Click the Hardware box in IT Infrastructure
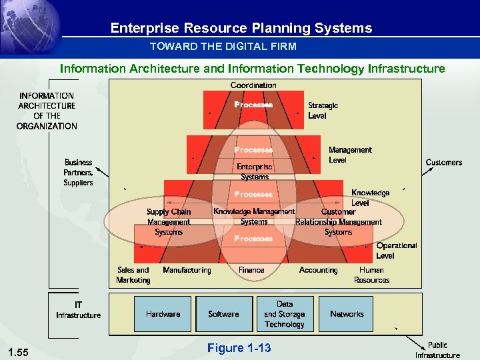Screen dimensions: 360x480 coord(163,314)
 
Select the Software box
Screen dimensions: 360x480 coord(224,314)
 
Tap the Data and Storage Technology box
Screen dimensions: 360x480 coord(285,314)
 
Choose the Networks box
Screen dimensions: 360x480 coord(347,314)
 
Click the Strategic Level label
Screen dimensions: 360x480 coord(323,111)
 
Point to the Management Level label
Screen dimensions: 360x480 coord(350,155)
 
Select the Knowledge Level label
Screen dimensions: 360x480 coord(370,197)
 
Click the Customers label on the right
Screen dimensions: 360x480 coord(443,163)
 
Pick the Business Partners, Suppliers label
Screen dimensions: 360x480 coord(78,173)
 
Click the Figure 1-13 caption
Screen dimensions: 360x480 coord(239,348)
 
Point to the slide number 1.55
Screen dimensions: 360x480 coord(20,351)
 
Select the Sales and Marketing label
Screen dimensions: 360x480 coord(133,275)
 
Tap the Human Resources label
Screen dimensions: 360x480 coord(371,275)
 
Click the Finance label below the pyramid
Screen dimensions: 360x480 coord(251,270)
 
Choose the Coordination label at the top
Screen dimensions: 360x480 coord(253,85)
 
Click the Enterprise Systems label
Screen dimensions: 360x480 coord(255,172)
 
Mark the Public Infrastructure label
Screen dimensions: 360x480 coord(437,350)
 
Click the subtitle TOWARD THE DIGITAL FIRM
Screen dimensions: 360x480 coord(223,47)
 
